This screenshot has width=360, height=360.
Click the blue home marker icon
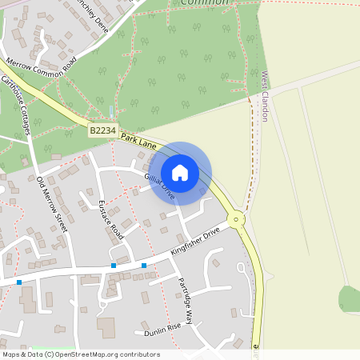click(180, 173)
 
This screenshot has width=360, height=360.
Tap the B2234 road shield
click(103, 129)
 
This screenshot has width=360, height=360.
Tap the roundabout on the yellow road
click(236, 219)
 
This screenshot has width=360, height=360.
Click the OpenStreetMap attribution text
click(82, 354)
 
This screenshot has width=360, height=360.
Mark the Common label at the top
click(204, 3)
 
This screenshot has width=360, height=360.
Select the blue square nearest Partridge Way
click(144, 265)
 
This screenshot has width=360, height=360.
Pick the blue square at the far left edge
click(19, 282)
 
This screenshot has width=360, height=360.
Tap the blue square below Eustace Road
click(114, 265)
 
